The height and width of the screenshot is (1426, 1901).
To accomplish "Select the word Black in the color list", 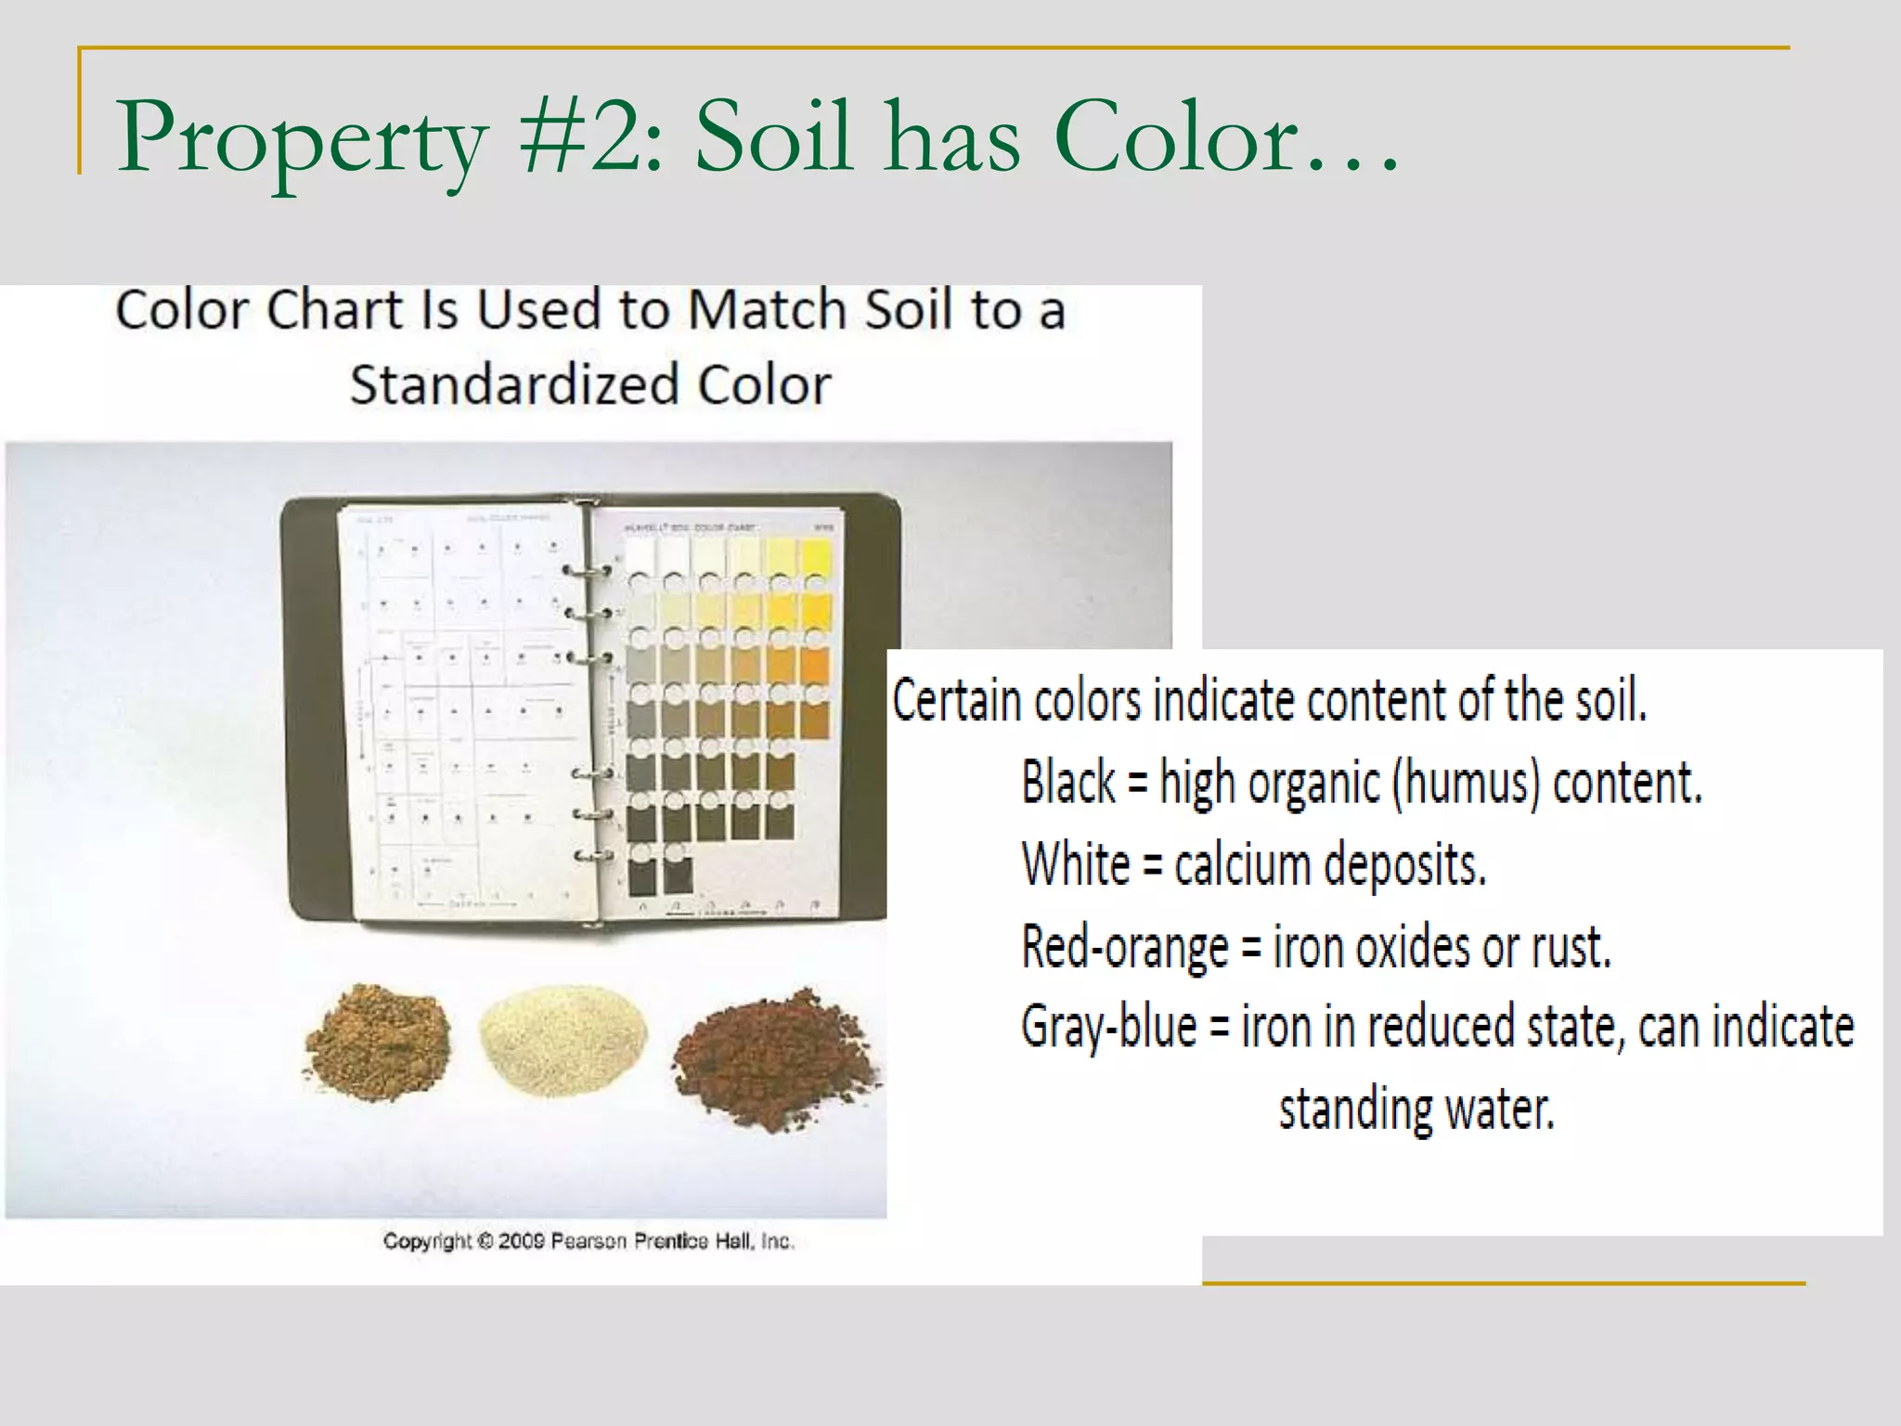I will pos(1068,782).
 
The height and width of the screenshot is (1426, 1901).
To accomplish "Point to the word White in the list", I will pos(1076,864).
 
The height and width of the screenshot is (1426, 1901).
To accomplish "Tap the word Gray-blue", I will pos(1108,1027).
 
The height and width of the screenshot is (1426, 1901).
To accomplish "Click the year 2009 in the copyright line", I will pos(520,1241).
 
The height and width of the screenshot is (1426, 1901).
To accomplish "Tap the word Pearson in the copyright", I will pos(588,1241).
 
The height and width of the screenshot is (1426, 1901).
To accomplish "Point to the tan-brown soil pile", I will pos(378,1042).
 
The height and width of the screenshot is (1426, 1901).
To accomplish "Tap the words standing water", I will pos(1416,1108).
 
